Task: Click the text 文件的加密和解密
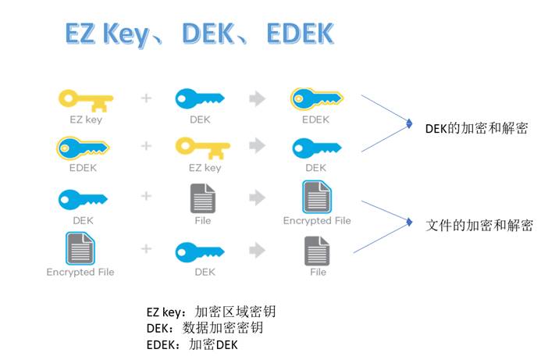point(479,226)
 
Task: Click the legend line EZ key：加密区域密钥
point(212,312)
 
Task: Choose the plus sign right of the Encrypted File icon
point(146,249)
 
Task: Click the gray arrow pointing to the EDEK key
point(257,98)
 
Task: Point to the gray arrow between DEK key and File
point(257,249)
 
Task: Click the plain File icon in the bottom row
point(316,251)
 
